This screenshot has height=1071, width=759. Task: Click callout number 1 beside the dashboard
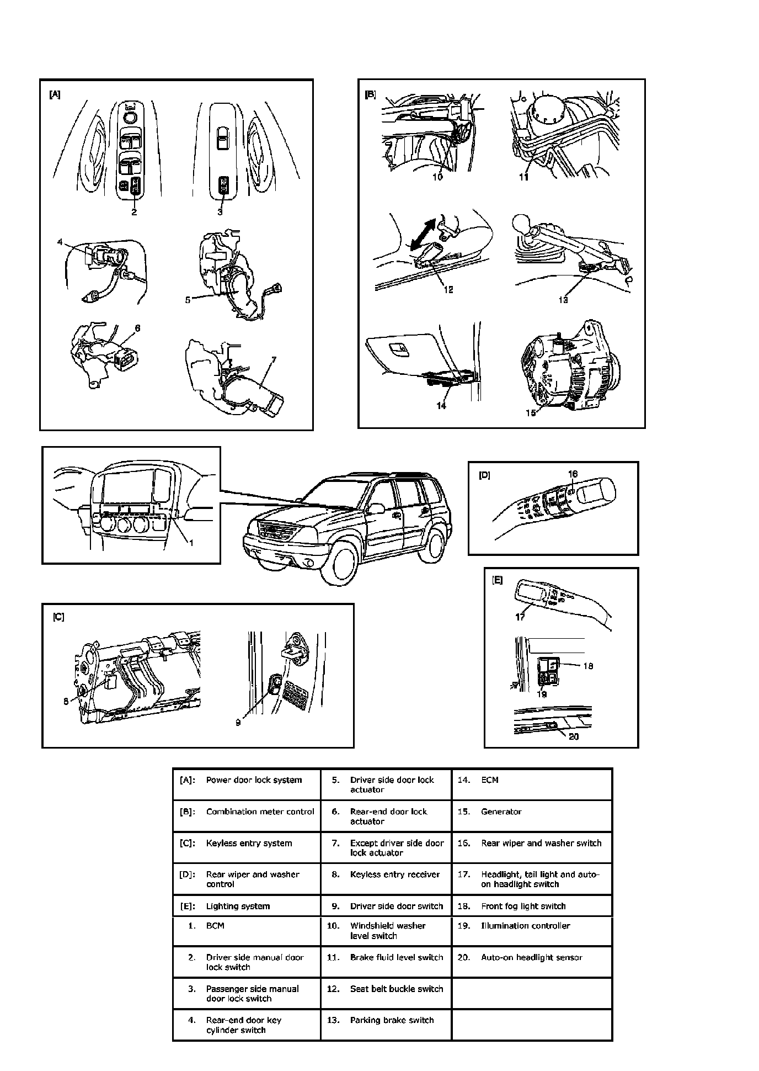coord(191,543)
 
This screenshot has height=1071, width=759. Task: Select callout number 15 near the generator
coord(531,412)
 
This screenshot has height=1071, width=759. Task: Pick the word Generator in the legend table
coord(501,812)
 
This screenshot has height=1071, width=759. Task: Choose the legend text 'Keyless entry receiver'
coord(395,874)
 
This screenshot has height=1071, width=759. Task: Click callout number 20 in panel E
coord(574,736)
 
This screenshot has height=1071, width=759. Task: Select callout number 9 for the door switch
coord(238,722)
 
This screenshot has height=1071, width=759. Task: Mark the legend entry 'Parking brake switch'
coord(392,1020)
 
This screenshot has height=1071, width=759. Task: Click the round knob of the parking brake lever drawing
coord(521,224)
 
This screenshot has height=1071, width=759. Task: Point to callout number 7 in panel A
coord(274,360)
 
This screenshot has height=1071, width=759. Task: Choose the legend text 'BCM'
coord(215,926)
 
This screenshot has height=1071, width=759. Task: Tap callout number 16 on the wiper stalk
coord(573,474)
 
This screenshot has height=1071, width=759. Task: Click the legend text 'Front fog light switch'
coord(523,906)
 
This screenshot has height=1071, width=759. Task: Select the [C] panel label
coord(58,617)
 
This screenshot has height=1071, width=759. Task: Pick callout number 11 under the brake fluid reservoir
coord(523,177)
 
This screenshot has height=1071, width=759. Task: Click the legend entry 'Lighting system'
coord(238,906)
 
